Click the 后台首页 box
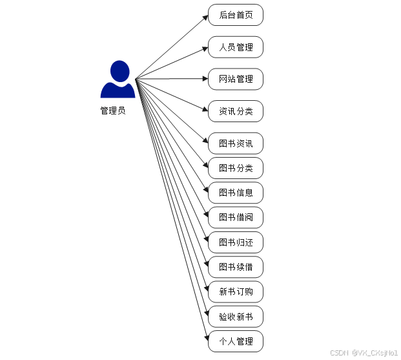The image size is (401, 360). tap(236, 15)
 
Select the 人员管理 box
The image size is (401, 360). tap(236, 47)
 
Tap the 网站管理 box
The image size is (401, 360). tap(236, 79)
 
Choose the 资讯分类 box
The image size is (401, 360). tap(236, 111)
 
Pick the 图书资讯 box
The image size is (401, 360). tap(236, 143)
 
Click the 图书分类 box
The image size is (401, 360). tap(236, 168)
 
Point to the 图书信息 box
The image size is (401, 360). tap(236, 193)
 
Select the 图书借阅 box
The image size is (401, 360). tap(236, 217)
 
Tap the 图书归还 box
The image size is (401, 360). tap(236, 242)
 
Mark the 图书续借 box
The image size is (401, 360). tap(236, 267)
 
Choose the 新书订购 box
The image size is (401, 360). tap(236, 291)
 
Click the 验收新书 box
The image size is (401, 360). tap(236, 317)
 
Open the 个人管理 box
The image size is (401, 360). tap(236, 341)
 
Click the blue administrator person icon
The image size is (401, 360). tap(118, 80)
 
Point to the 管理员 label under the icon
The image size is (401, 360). tap(112, 111)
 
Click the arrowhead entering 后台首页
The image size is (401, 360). tap(205, 16)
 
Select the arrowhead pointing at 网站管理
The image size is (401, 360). tap(205, 79)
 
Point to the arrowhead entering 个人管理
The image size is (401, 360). tap(205, 337)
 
